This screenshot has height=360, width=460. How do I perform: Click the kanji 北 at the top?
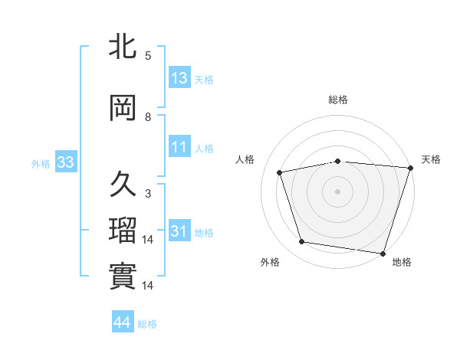tap(123, 47)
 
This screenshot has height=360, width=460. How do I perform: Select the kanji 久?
tap(123, 185)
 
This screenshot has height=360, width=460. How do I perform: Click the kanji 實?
tap(123, 276)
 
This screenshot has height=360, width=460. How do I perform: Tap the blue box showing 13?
tap(179, 78)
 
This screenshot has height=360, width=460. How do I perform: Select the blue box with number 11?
tap(179, 147)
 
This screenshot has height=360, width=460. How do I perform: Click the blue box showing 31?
tap(179, 231)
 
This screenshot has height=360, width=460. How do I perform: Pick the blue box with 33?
tap(64, 162)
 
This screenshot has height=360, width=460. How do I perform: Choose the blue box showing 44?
tap(123, 323)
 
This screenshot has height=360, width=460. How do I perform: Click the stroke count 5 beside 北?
tap(147, 56)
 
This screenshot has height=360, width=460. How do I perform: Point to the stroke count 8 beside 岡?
tap(147, 117)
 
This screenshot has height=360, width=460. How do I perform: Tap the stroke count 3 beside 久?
tap(147, 194)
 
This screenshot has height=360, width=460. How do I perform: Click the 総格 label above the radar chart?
tap(338, 100)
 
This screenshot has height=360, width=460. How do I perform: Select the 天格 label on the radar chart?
tap(431, 159)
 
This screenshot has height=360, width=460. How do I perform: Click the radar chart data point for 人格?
tap(280, 172)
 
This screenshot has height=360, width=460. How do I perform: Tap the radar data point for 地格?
tap(383, 253)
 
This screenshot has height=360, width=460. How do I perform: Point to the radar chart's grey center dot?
tap(338, 191)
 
